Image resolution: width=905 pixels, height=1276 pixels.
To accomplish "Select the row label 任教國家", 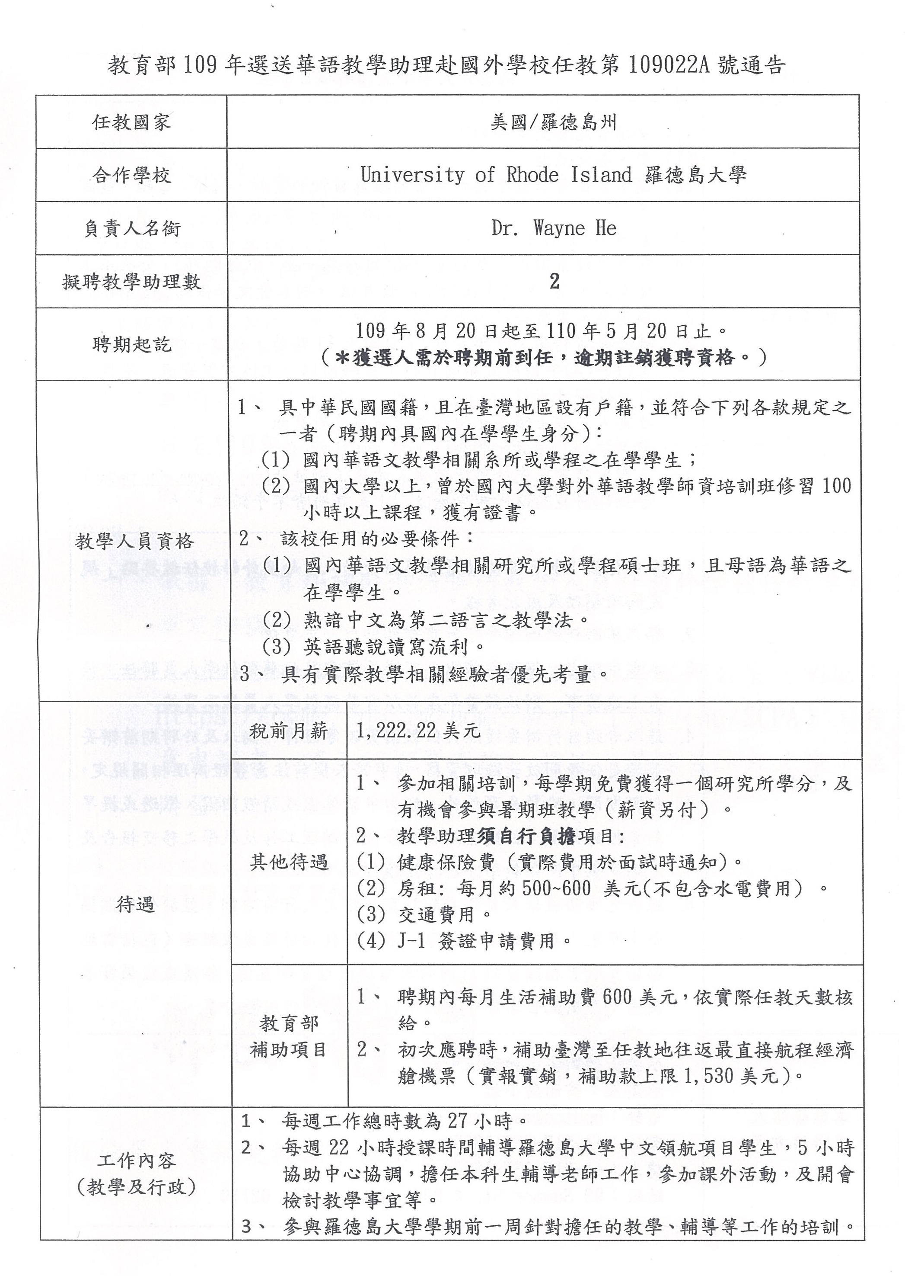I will (131, 122).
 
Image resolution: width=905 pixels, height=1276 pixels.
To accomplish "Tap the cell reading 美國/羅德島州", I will (553, 122).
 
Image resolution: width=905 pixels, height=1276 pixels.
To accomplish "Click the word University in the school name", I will (412, 175).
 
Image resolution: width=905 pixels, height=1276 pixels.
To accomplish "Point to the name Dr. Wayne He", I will (554, 228).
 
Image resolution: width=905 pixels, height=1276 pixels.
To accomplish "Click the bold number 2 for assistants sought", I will (554, 282).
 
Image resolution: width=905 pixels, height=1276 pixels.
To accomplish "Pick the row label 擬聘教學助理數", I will (131, 282).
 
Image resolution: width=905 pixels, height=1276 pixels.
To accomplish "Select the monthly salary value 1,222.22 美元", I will (418, 731).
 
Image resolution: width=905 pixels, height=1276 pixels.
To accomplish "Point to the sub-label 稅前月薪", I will (289, 731).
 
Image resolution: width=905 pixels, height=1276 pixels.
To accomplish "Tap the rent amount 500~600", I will (556, 888).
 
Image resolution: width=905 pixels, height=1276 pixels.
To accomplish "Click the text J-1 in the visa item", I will (412, 941).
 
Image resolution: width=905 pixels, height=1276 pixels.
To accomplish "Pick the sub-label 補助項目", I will (289, 1050).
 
